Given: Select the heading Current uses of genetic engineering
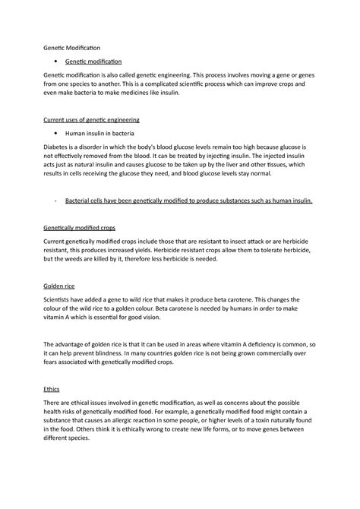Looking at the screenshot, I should (93, 120).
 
